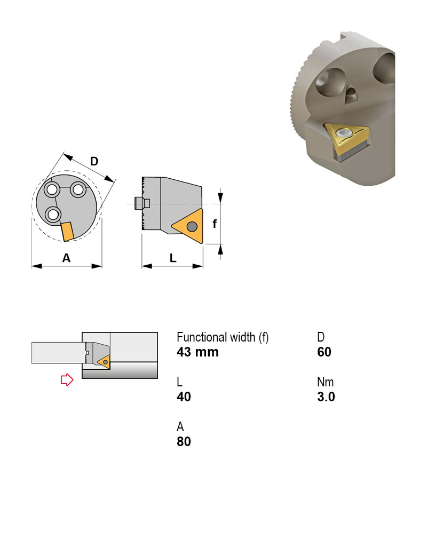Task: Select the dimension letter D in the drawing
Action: coord(94,161)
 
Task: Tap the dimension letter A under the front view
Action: coord(66,258)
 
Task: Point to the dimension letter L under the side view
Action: coord(173,258)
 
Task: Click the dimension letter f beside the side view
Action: coord(215,224)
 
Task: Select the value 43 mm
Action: coord(197,352)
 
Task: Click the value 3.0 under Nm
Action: coord(326,397)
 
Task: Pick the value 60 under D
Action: coord(324,352)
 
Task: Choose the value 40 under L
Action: coord(184,397)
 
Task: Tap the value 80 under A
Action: coord(184,442)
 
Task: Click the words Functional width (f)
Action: coord(223,337)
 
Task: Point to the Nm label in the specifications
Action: coord(325,382)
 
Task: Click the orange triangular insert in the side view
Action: coord(188,227)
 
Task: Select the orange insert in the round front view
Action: coord(68,232)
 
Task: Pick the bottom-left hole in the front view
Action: coord(52,215)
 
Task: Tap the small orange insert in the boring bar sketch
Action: coord(105,362)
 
